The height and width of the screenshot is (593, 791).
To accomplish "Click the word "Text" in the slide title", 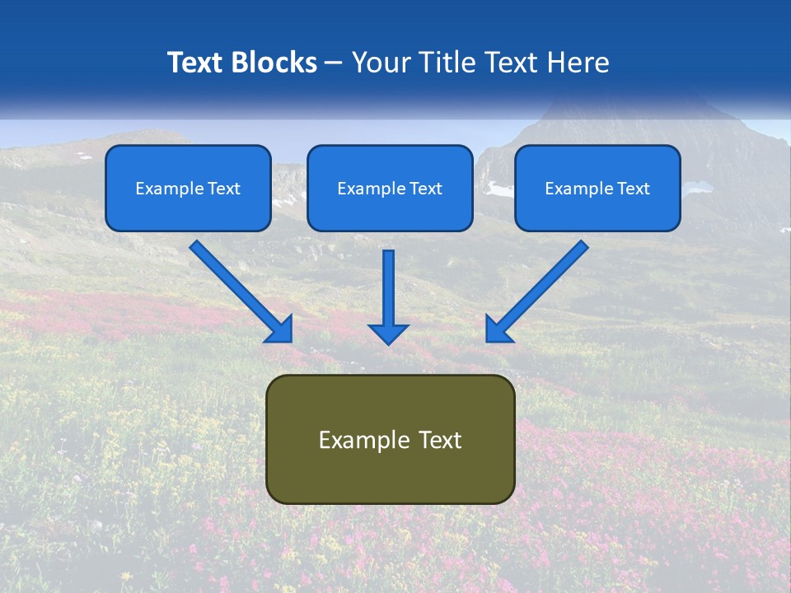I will (x=194, y=63).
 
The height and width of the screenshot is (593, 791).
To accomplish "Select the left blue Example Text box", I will (x=188, y=188).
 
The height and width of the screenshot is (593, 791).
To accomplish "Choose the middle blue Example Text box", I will (x=390, y=188).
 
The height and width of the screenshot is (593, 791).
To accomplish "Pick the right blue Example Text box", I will (x=597, y=188).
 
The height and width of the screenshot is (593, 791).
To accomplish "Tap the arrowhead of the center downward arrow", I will (x=388, y=333).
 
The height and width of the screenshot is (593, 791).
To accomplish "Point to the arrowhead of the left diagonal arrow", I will (x=280, y=329).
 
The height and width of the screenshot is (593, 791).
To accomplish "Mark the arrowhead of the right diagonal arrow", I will (x=497, y=329).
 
